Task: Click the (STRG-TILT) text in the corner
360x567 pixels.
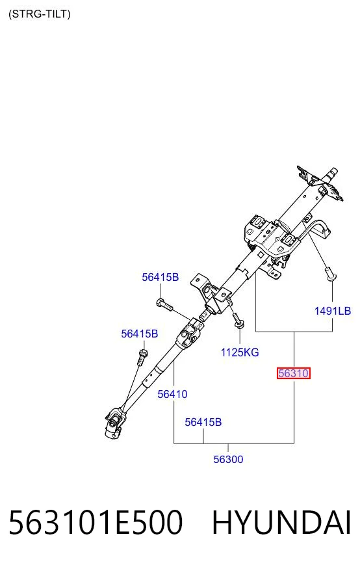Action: point(40,14)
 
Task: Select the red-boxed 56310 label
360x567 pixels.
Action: point(294,373)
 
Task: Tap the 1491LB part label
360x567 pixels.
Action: point(333,311)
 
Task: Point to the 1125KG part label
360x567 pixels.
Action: point(240,352)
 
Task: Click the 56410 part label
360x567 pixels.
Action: point(172,394)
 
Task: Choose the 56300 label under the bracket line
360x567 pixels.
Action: point(228,459)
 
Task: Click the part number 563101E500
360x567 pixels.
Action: point(96,522)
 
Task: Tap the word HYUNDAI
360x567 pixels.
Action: point(281,522)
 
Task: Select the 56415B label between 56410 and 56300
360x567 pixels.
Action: point(203,422)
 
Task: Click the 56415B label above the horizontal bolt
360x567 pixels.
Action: point(160,277)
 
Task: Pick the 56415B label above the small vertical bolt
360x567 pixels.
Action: point(140,334)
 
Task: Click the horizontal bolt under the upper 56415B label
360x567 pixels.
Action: point(165,304)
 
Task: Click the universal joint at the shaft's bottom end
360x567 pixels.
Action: point(115,423)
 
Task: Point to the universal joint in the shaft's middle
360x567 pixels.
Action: point(190,333)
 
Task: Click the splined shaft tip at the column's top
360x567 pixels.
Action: point(332,174)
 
